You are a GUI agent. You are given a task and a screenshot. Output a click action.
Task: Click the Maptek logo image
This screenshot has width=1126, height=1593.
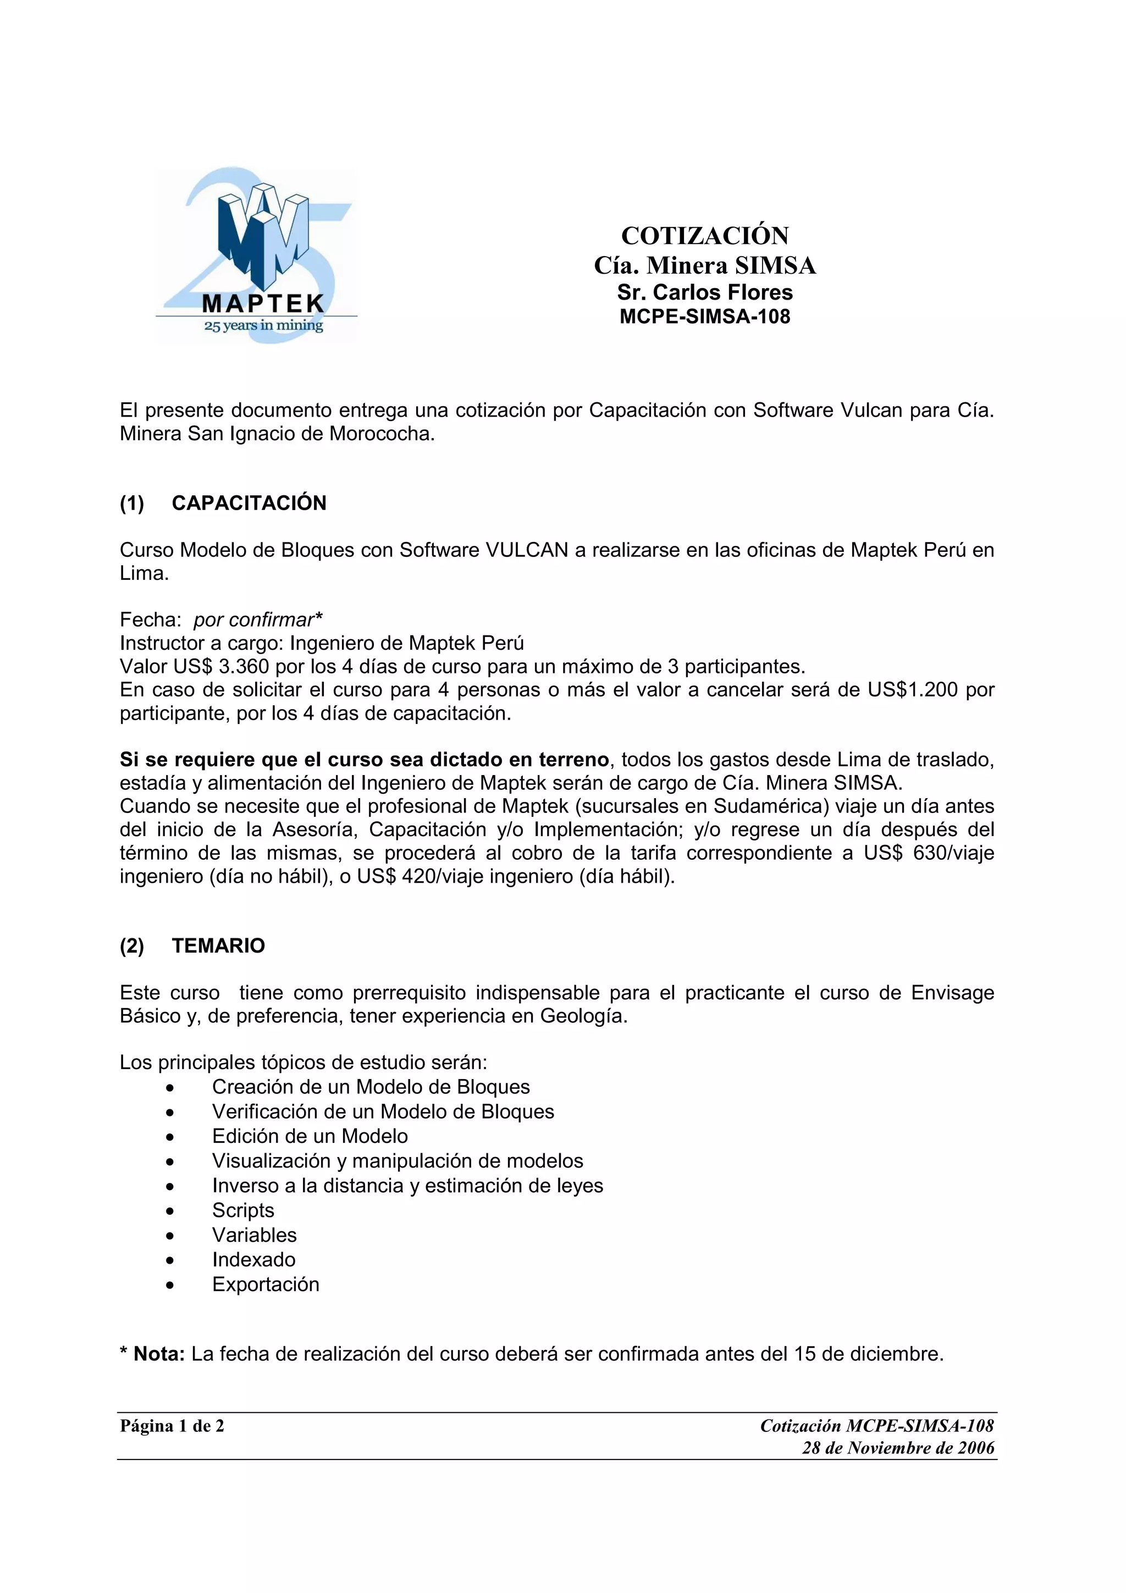[x=256, y=255]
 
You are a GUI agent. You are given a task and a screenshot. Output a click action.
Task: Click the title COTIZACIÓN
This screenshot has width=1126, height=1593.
[x=704, y=236]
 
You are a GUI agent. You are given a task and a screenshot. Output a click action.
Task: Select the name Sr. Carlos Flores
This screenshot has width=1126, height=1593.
[x=704, y=292]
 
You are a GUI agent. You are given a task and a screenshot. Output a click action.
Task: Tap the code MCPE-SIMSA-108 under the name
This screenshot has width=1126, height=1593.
[x=704, y=317]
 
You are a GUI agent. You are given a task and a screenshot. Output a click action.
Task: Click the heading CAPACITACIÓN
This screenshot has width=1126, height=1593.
[x=249, y=503]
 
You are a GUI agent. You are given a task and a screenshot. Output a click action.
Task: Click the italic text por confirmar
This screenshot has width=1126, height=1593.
[x=254, y=619]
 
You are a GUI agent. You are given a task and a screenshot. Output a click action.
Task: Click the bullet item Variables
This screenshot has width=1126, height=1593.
[x=254, y=1235]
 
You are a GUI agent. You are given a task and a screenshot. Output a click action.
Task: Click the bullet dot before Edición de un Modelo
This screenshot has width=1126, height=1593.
[x=170, y=1137]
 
